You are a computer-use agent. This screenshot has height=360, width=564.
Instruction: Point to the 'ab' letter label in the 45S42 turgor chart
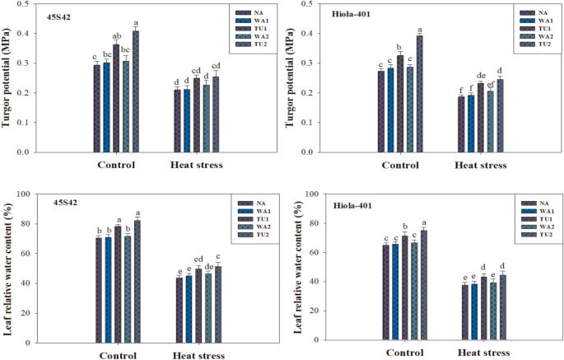(116, 36)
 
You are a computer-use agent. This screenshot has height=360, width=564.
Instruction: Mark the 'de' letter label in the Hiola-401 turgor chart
(481, 76)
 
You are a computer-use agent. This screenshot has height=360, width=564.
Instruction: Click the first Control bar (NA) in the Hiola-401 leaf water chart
(385, 292)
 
